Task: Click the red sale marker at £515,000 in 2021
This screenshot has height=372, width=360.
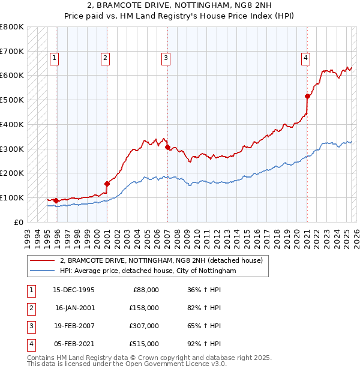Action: [307, 96]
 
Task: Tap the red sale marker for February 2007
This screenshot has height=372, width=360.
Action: [167, 146]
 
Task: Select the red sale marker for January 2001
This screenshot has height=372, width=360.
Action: [107, 184]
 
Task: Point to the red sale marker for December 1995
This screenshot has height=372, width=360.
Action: [56, 200]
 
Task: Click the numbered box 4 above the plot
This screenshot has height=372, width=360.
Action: [305, 58]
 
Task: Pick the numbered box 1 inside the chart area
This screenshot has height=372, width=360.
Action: [54, 58]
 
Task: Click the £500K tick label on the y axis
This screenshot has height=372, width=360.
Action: [12, 100]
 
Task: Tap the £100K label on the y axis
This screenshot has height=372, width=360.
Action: [12, 197]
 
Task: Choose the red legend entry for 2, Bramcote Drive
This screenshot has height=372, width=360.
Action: [161, 261]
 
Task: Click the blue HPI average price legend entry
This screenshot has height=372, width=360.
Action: [148, 271]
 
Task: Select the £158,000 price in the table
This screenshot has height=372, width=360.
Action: [143, 308]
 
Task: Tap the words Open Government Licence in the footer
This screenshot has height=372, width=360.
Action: [175, 364]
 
